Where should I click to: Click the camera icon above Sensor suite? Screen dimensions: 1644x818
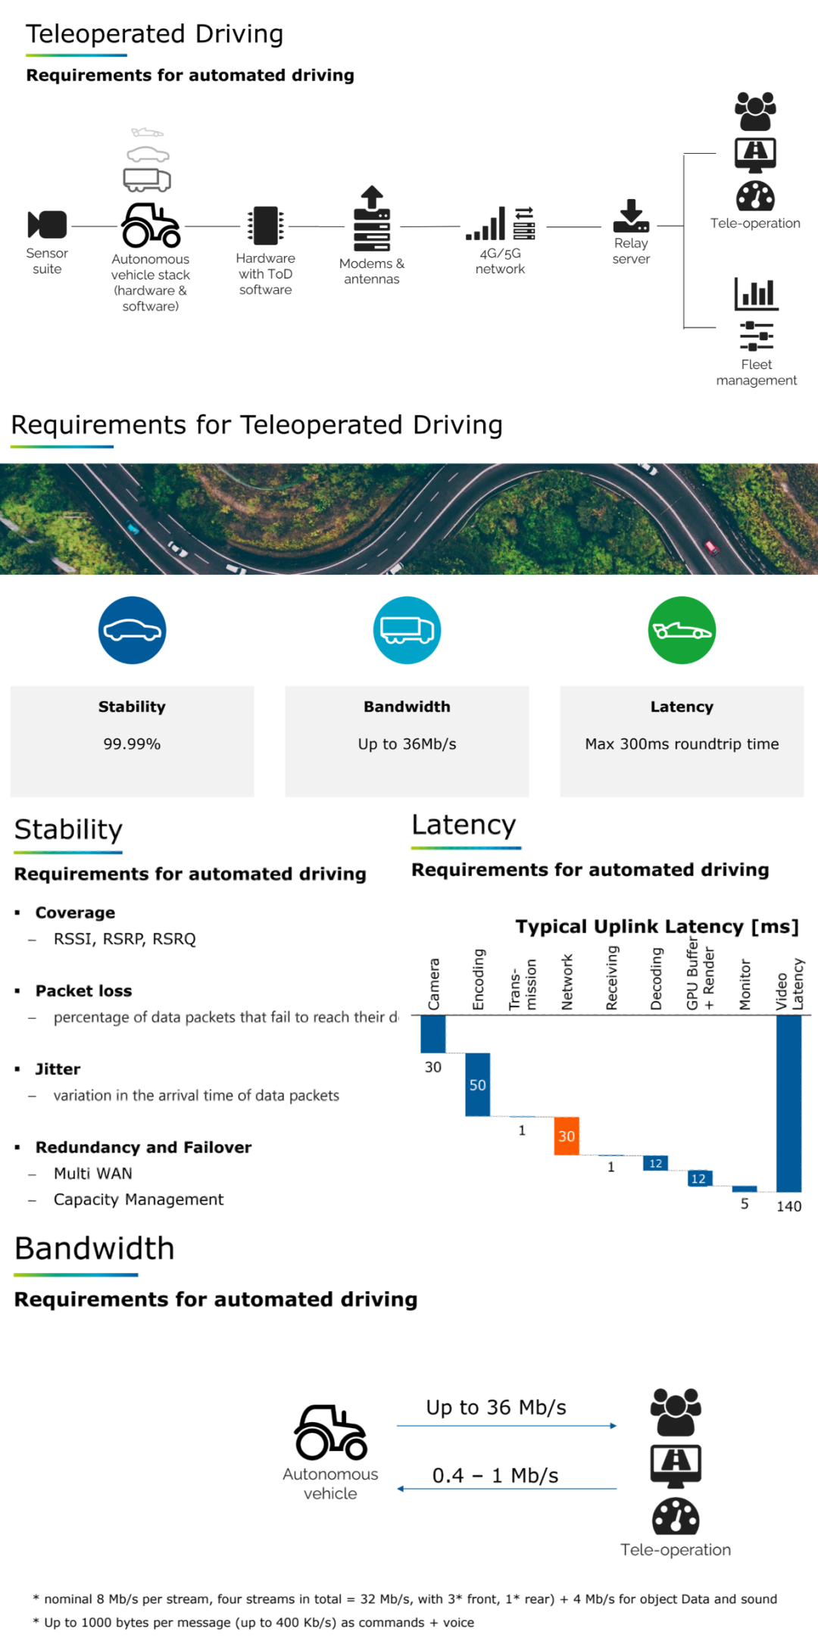47,225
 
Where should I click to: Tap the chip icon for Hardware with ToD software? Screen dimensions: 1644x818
265,226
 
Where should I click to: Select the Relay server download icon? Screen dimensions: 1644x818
631,216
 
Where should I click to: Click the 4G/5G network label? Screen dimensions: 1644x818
500,261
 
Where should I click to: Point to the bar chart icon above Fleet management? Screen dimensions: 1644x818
756,294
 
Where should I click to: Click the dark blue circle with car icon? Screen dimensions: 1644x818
132,630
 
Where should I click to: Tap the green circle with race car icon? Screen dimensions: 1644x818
682,630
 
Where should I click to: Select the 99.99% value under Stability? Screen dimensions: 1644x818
132,744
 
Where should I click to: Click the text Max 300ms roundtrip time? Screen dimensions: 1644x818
682,744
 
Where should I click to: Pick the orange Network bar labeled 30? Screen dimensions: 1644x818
567,1136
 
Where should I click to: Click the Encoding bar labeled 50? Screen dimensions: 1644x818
477,1084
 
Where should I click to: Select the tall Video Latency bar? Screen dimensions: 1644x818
788,1103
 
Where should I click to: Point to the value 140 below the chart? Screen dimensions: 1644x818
788,1206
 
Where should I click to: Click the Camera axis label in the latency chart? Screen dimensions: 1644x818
434,984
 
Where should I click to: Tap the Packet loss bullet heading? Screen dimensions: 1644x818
83,991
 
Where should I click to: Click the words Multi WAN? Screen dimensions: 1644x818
92,1174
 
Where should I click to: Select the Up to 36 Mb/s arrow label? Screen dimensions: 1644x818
496,1408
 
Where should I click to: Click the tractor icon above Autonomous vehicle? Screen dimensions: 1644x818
331,1433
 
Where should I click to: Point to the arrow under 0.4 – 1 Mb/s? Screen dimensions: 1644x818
507,1489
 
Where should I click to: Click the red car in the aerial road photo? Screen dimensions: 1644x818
711,547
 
